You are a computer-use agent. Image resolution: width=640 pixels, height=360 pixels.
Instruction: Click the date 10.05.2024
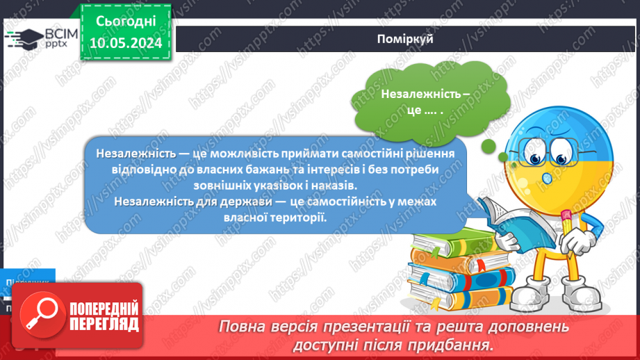pos(125,43)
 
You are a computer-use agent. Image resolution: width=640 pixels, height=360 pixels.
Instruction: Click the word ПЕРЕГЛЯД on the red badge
pos(104,324)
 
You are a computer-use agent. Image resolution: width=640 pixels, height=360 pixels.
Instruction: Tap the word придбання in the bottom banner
pos(457,344)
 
